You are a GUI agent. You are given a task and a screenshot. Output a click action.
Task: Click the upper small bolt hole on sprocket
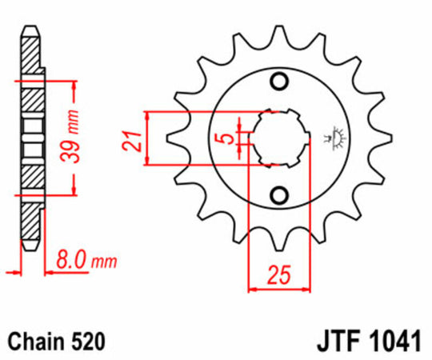tap(280, 81)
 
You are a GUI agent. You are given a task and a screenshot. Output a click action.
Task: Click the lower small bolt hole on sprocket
tap(280, 194)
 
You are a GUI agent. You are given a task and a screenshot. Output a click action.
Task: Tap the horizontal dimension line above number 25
tap(279, 288)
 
